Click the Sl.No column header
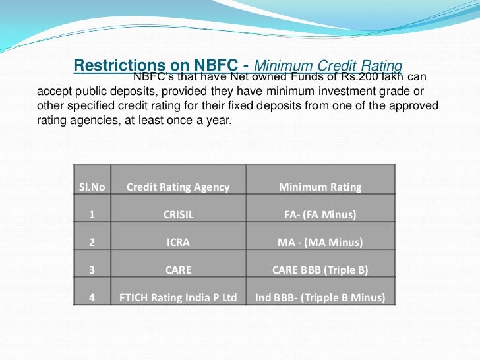click(x=92, y=187)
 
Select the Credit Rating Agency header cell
click(x=178, y=187)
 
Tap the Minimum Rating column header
click(x=320, y=187)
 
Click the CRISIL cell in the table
click(x=178, y=214)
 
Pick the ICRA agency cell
click(x=178, y=242)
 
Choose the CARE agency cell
click(x=178, y=270)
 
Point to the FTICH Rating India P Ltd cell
click(x=178, y=297)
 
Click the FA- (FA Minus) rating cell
click(x=320, y=214)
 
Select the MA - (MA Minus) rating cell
click(x=320, y=242)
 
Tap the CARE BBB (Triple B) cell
click(x=320, y=270)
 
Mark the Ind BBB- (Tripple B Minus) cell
click(x=320, y=297)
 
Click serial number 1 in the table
click(x=92, y=214)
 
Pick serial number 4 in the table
click(x=92, y=297)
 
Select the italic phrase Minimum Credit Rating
click(x=328, y=66)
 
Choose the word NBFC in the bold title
click(x=216, y=66)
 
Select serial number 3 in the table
click(x=92, y=270)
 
